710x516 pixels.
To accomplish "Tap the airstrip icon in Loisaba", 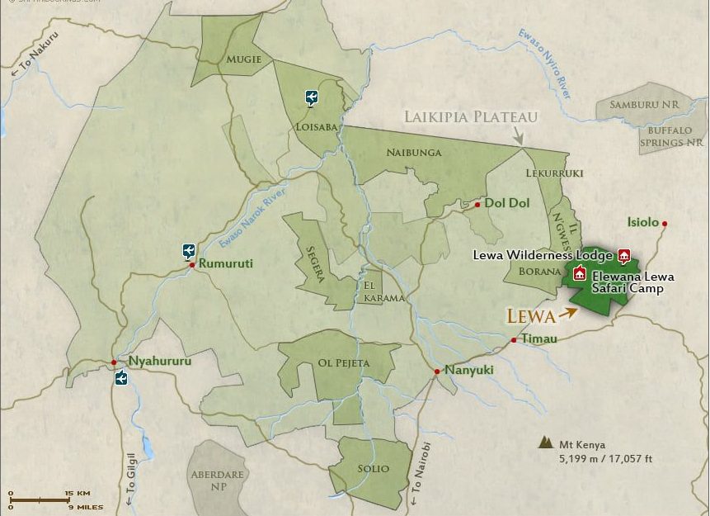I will pyautogui.click(x=311, y=98).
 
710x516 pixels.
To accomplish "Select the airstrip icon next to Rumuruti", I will pyautogui.click(x=189, y=250).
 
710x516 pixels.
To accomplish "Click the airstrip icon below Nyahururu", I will pyautogui.click(x=121, y=378).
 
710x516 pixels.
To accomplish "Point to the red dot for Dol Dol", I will pyautogui.click(x=477, y=204).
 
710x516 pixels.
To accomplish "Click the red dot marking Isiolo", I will pyautogui.click(x=664, y=223).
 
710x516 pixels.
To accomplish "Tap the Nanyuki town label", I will pyautogui.click(x=468, y=370).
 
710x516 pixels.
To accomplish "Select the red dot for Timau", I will pyautogui.click(x=513, y=339).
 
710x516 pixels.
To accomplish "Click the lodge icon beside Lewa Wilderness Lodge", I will pyautogui.click(x=623, y=254).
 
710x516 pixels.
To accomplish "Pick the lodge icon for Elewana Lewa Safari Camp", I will pyautogui.click(x=580, y=274).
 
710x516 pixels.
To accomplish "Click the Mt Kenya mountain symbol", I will pyautogui.click(x=544, y=443).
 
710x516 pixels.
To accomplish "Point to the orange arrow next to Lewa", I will pyautogui.click(x=567, y=313).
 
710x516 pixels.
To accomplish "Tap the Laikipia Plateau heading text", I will pyautogui.click(x=470, y=116).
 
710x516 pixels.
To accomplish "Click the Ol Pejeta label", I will pyautogui.click(x=343, y=363).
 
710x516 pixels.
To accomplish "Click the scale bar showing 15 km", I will pyautogui.click(x=39, y=499).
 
